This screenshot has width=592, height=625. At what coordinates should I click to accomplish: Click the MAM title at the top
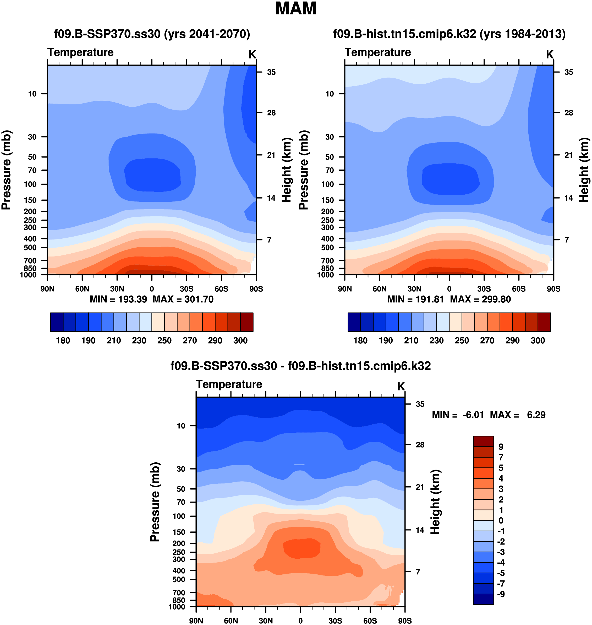[296, 9]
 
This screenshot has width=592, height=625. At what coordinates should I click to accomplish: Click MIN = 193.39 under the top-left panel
[118, 299]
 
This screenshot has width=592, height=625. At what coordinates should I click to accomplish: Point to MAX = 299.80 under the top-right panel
[480, 299]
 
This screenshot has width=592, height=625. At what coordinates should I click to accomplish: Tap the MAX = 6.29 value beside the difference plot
[518, 415]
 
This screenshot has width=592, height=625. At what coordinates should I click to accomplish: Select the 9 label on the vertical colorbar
[501, 447]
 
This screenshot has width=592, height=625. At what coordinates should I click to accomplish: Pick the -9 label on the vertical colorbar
[501, 594]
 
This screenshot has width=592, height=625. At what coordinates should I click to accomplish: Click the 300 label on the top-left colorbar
[240, 341]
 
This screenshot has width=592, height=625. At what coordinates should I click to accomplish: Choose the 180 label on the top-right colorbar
[360, 341]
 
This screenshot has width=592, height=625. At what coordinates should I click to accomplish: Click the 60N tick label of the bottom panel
[231, 621]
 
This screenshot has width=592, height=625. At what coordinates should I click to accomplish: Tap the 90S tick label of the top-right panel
[553, 289]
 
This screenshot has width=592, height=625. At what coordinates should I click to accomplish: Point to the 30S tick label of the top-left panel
[187, 289]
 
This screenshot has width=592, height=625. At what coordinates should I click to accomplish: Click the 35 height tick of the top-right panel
[569, 72]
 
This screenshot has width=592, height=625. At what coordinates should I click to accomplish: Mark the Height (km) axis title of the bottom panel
[435, 503]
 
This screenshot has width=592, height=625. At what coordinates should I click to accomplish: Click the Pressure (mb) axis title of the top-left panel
[6, 170]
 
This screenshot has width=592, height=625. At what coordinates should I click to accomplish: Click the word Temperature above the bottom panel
[229, 384]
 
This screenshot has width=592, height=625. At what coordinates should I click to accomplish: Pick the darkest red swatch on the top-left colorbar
[247, 322]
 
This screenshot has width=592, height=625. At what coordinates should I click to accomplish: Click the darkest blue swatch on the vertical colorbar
[483, 599]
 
